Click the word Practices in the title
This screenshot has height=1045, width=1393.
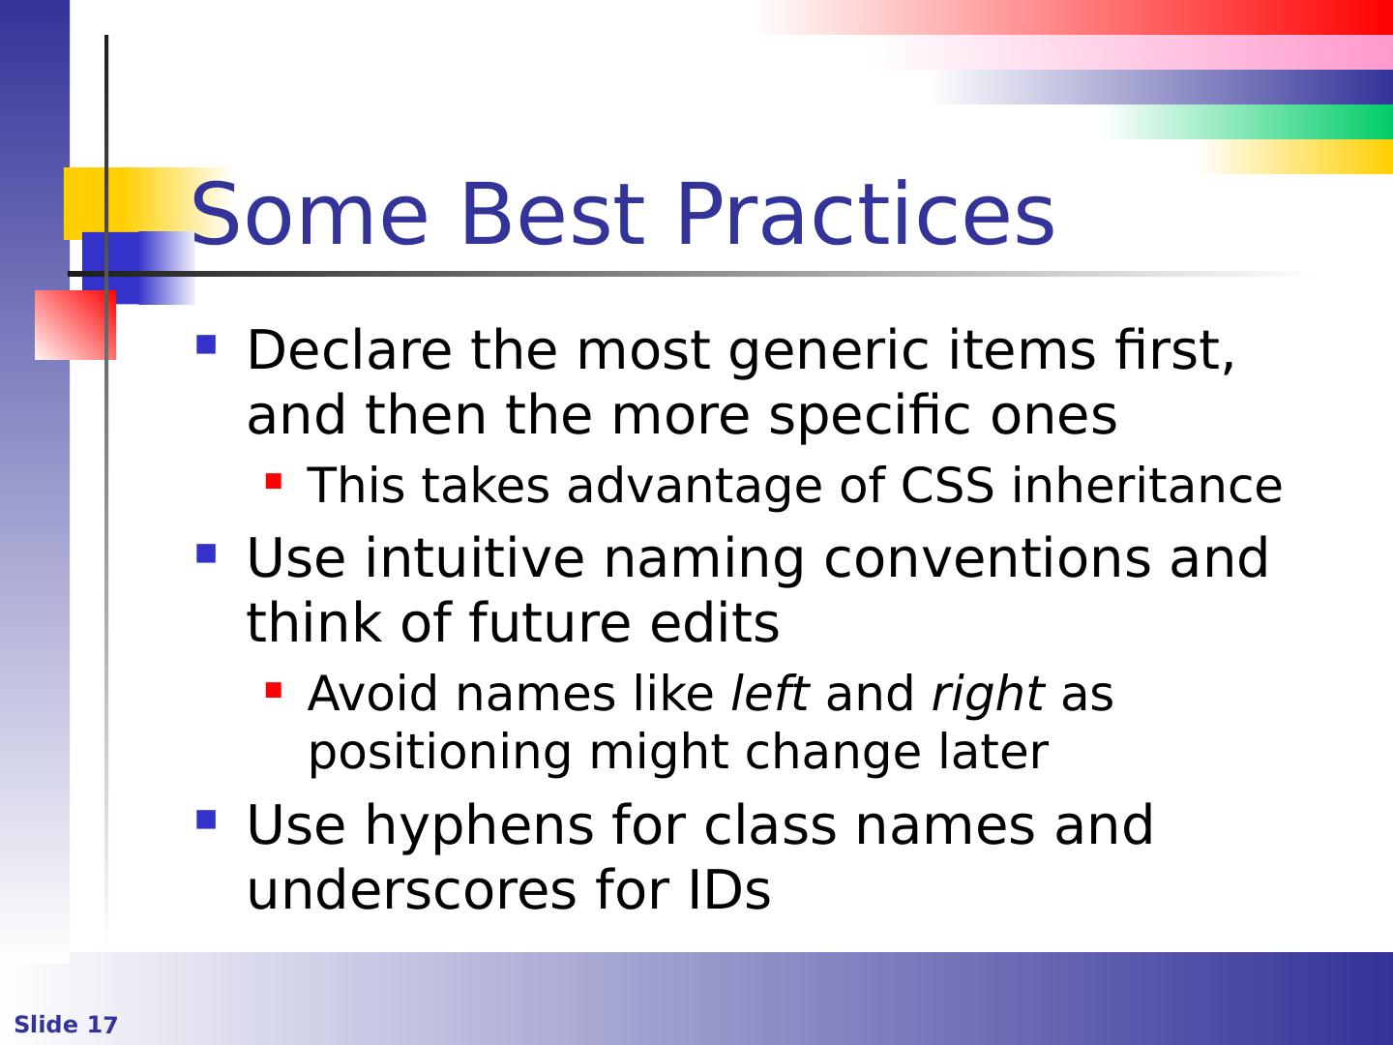(866, 214)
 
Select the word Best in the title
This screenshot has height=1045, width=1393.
(553, 214)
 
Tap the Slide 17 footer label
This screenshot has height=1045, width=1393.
(66, 1024)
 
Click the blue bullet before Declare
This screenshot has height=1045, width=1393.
(206, 344)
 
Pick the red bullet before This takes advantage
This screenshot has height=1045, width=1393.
(274, 481)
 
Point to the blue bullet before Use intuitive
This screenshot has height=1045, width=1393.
(206, 553)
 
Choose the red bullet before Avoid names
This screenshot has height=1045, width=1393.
(274, 690)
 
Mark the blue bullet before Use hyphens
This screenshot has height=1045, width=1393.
(206, 820)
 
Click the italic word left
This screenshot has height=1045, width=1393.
(770, 693)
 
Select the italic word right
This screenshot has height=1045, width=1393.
(988, 694)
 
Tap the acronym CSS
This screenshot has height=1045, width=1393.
(947, 486)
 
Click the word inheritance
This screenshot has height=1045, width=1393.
(1147, 486)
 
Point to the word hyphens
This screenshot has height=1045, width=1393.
(479, 826)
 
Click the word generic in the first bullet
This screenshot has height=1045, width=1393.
(829, 353)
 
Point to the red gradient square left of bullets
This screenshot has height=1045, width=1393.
(74, 325)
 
